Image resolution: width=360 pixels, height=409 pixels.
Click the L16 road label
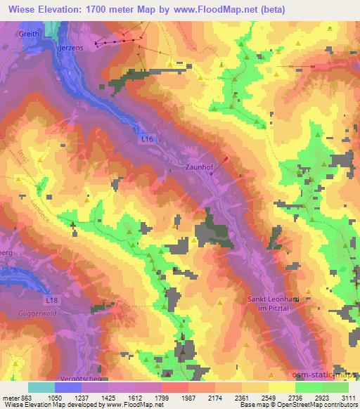click(x=146, y=140)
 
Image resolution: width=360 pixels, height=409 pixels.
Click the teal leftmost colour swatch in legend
click(x=41, y=387)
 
